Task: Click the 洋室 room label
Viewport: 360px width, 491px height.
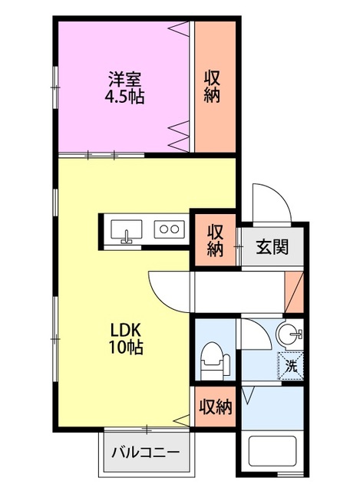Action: point(124,79)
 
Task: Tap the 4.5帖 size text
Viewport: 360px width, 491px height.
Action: point(124,97)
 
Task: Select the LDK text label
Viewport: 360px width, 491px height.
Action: point(126,330)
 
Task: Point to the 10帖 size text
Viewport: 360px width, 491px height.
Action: point(126,348)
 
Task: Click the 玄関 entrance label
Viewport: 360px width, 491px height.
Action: point(272,247)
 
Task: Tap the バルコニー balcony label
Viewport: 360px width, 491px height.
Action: point(146,452)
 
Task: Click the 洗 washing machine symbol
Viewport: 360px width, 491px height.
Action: point(291,366)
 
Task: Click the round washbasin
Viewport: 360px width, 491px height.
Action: point(289,334)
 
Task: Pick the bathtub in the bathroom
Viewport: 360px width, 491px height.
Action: point(272,451)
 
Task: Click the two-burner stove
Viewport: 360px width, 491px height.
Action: point(169,229)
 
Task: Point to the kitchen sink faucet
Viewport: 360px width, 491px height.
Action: point(126,237)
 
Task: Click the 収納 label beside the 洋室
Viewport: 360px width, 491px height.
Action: point(212,87)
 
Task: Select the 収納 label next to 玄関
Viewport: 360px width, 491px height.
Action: point(215,240)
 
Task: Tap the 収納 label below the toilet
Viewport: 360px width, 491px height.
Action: point(216,407)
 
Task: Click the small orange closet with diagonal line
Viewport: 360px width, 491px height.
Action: point(294,292)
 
